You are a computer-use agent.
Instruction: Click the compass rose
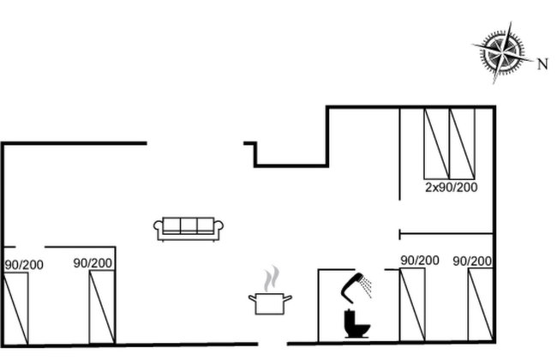[x=503, y=52]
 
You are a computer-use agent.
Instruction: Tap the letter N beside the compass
[x=542, y=64]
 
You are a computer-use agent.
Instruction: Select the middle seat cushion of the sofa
[x=189, y=225]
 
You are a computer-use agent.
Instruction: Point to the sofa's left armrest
[x=159, y=230]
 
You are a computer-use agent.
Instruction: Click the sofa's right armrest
[x=219, y=230]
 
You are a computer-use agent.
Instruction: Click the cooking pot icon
[x=270, y=303]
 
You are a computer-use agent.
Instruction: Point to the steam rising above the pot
[x=272, y=279]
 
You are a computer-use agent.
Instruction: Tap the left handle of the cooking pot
[x=252, y=298]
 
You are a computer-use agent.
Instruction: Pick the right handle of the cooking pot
[x=288, y=298]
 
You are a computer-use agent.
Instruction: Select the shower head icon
[x=356, y=286]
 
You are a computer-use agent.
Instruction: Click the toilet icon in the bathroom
[x=357, y=324]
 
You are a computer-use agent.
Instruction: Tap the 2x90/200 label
[x=451, y=187]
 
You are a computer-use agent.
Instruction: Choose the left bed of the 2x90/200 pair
[x=436, y=144]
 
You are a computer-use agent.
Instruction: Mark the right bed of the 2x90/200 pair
[x=462, y=144]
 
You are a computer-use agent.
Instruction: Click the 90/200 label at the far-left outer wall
[x=24, y=265]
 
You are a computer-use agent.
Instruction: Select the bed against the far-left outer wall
[x=15, y=309]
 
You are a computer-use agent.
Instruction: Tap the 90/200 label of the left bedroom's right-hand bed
[x=93, y=263]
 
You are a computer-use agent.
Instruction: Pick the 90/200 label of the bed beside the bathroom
[x=420, y=260]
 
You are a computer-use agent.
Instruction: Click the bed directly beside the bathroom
[x=412, y=305]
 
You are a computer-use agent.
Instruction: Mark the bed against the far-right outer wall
[x=481, y=305]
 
